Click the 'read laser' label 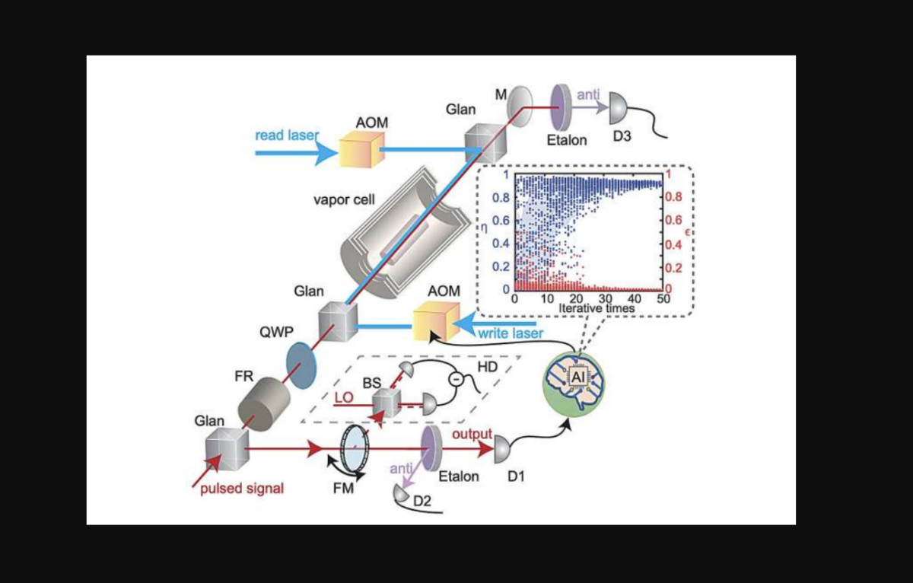click(287, 135)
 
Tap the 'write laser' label click(511, 333)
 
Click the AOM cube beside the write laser click(435, 320)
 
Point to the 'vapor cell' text click(344, 199)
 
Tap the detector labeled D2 click(402, 494)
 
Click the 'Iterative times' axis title click(596, 309)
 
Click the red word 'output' click(472, 435)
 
